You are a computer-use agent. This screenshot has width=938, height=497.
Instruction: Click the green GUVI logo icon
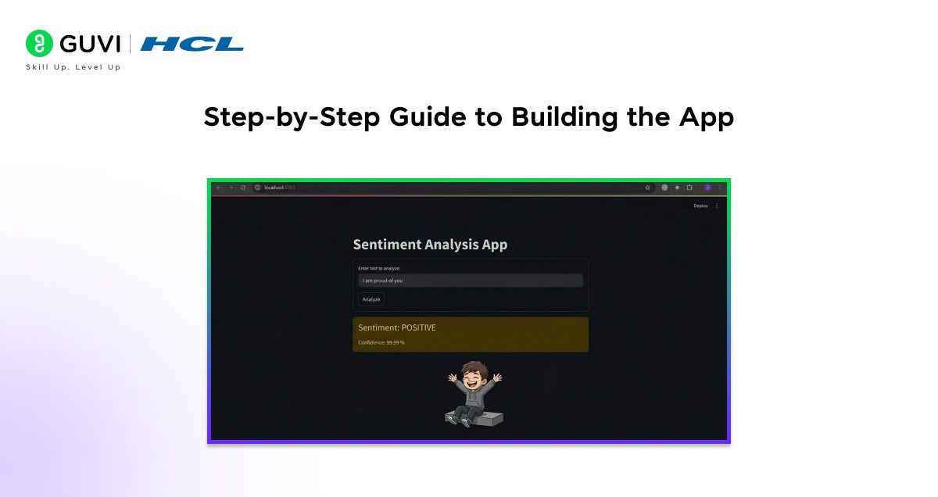39,44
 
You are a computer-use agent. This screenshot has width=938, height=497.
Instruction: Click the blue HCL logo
192,44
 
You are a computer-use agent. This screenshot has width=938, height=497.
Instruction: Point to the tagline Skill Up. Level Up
73,67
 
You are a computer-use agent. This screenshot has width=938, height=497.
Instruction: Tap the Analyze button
371,299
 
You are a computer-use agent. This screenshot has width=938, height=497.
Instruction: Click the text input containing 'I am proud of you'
471,281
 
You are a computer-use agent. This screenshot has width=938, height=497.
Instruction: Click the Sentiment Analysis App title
430,245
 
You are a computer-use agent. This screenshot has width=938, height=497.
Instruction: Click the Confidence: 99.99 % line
381,343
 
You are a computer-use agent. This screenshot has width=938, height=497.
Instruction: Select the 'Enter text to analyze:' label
379,268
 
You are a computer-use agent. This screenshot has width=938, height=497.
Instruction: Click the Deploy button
700,206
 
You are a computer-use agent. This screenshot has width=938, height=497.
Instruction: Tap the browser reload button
243,188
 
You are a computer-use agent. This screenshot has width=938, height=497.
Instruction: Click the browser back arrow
219,188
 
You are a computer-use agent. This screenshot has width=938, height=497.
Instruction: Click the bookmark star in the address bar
647,188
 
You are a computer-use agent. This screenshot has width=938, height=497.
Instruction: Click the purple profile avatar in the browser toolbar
707,188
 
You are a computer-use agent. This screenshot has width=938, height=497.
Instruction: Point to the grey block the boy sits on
485,420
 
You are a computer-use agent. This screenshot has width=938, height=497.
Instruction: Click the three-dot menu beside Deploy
718,206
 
